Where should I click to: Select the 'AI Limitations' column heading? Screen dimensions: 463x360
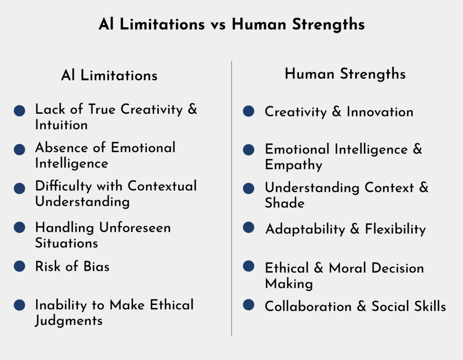[109, 75]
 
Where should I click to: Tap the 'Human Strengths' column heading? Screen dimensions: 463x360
[345, 74]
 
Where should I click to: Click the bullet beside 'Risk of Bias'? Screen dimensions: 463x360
[19, 266]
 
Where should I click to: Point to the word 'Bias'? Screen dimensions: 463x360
[97, 266]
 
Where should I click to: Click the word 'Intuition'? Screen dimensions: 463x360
[61, 125]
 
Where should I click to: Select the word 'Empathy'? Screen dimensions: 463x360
[293, 165]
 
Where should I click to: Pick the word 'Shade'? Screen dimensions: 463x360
[285, 203]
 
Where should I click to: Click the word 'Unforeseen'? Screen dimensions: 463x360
[135, 228]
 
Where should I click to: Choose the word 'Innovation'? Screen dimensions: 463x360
[380, 112]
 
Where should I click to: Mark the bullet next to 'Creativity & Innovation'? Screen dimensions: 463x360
[249, 111]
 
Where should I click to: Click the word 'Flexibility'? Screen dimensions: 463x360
[396, 229]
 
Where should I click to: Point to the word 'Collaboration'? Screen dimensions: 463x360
[308, 306]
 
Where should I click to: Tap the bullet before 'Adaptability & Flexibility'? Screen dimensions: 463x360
[249, 228]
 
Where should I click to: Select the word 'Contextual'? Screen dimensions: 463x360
[162, 186]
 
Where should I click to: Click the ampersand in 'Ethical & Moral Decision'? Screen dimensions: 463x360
[319, 268]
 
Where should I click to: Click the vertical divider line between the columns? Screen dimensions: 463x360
[231, 199]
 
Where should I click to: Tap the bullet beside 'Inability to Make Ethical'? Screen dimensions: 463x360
[19, 305]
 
